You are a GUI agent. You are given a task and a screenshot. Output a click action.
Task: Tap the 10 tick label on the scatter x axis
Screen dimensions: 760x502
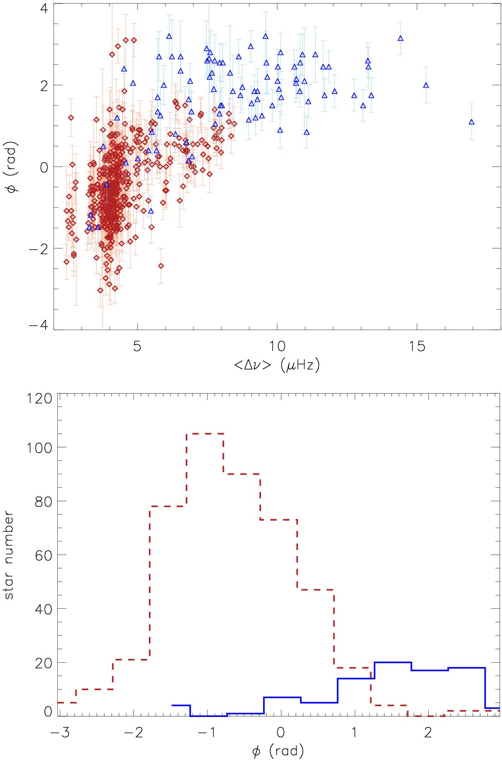point(277,346)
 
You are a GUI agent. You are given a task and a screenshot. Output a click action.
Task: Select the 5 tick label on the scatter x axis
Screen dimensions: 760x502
point(137,346)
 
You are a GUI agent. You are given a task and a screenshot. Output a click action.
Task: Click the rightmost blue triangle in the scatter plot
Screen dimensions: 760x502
point(471,122)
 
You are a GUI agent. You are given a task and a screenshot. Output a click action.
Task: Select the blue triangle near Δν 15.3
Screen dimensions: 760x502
point(426,85)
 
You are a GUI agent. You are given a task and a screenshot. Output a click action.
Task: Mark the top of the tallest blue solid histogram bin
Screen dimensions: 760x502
point(393,662)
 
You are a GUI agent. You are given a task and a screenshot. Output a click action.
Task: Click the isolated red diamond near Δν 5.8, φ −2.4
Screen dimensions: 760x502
point(161,266)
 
